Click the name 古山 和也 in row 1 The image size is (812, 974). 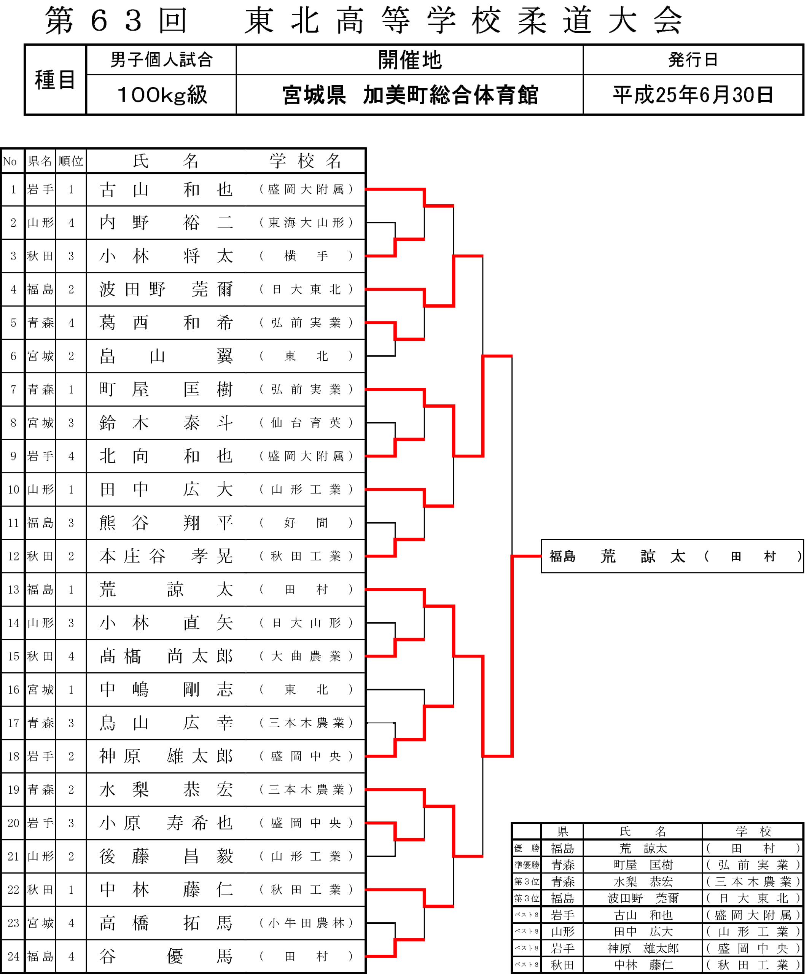(166, 189)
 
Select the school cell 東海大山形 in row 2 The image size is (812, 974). (306, 223)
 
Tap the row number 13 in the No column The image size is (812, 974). (13, 589)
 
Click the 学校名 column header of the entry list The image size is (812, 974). (306, 161)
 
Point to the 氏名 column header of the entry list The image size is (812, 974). (166, 161)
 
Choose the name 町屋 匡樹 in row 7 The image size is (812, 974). (166, 389)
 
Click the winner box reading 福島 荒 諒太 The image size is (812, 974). (672, 556)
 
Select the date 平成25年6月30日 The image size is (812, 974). (693, 95)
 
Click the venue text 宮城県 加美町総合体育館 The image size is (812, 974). (410, 95)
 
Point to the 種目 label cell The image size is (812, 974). (55, 79)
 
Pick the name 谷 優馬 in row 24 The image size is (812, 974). (166, 956)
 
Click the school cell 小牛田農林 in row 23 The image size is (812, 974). (306, 923)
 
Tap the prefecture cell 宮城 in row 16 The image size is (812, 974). (40, 690)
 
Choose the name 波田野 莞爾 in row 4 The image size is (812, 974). (166, 290)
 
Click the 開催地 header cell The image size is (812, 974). (410, 60)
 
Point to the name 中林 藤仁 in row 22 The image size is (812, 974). (166, 890)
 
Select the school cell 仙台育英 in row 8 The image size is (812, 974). (306, 423)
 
